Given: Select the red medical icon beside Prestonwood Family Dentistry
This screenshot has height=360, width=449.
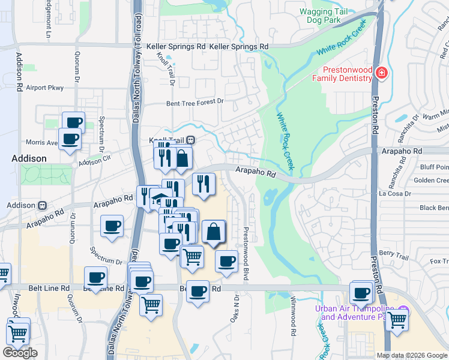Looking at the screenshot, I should pyautogui.click(x=381, y=74).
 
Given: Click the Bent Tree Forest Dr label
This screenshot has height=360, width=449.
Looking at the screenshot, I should pyautogui.click(x=194, y=103).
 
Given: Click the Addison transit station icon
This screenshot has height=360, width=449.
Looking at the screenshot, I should pyautogui.click(x=43, y=205).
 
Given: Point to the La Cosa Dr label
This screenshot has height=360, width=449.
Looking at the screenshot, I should pyautogui.click(x=394, y=194).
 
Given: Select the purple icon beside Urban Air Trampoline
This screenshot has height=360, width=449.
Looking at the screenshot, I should pyautogui.click(x=403, y=310).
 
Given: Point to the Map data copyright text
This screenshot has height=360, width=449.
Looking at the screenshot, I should pyautogui.click(x=412, y=355).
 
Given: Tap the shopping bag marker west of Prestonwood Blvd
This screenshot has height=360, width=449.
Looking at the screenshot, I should pyautogui.click(x=214, y=232).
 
